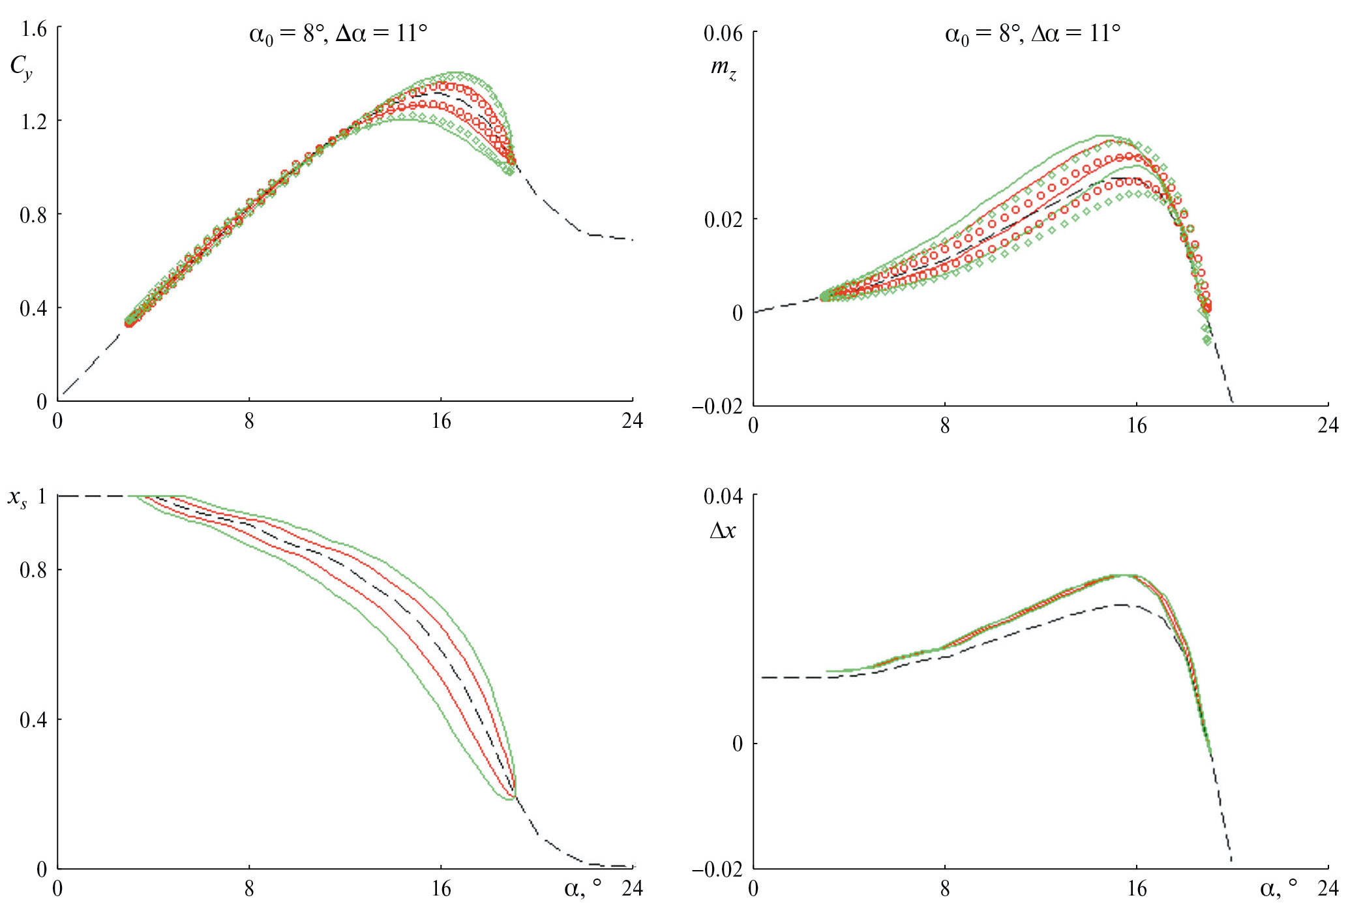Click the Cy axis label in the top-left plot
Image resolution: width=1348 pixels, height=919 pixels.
[21, 68]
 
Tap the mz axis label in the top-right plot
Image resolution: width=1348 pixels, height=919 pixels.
[723, 68]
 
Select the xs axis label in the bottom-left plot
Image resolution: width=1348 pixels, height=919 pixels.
[18, 499]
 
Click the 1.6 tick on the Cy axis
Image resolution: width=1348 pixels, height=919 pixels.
[34, 29]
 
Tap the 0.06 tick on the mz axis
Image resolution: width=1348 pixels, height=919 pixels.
[723, 33]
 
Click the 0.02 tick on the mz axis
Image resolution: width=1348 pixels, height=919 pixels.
[723, 220]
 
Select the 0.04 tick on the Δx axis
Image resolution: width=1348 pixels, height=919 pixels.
[723, 497]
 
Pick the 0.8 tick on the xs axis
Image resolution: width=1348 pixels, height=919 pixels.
[34, 571]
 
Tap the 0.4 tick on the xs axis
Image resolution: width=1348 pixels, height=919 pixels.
[34, 721]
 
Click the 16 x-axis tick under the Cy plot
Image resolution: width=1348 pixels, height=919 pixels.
[441, 421]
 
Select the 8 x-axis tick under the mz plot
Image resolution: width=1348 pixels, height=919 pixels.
[945, 427]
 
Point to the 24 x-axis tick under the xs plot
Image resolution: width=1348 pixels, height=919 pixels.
[632, 889]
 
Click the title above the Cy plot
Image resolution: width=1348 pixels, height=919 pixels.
[338, 33]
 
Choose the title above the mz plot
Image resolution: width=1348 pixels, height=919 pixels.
[1033, 33]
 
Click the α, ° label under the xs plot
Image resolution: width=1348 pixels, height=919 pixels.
[582, 888]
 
